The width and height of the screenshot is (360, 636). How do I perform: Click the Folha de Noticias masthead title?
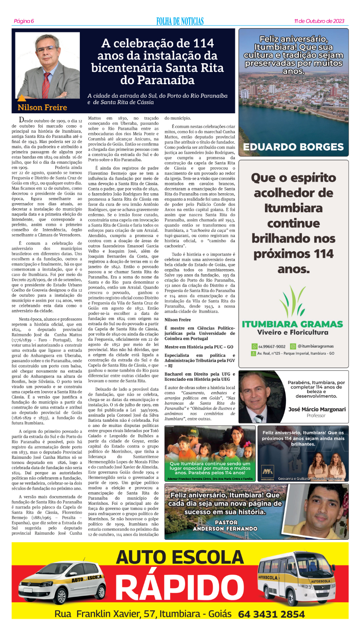(x=180, y=21)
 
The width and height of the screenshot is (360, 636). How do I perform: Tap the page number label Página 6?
(x=24, y=21)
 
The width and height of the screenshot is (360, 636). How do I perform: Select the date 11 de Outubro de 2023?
(x=319, y=21)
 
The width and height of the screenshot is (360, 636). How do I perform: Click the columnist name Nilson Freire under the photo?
(x=42, y=107)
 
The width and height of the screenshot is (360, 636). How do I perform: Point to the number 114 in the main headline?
(x=203, y=43)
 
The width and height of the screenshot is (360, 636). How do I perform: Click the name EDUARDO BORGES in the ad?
(x=293, y=147)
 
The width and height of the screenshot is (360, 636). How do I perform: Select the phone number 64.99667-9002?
(x=272, y=346)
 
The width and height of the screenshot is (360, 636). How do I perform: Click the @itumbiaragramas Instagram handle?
(x=315, y=346)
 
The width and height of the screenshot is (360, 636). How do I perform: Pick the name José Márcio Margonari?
(x=317, y=409)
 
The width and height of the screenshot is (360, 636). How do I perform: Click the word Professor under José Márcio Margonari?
(x=316, y=416)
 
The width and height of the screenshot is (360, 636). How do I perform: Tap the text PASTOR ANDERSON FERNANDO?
(x=225, y=525)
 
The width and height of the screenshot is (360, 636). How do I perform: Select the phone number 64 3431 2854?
(x=271, y=614)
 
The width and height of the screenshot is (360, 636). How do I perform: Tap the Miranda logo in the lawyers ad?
(x=267, y=473)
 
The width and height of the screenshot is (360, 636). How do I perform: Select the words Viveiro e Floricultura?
(x=293, y=332)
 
